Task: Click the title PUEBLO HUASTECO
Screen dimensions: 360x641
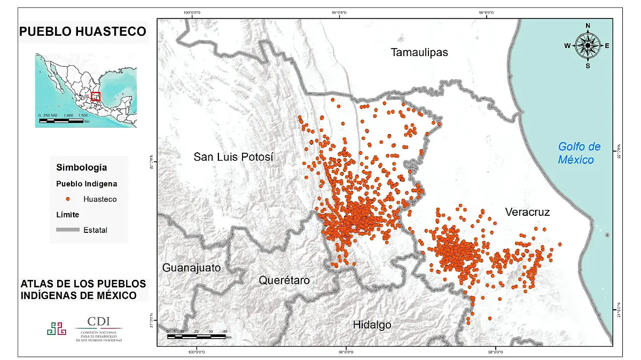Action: [82, 32]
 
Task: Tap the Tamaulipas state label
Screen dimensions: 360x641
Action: [419, 52]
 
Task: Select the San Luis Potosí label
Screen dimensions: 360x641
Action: [233, 157]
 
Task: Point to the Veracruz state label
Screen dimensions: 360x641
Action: [527, 213]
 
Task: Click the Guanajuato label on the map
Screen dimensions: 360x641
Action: [191, 268]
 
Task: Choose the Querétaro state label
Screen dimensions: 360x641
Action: [284, 280]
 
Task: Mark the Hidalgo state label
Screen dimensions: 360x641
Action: [372, 324]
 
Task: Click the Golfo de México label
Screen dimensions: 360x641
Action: [579, 153]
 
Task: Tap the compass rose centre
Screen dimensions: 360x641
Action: [588, 46]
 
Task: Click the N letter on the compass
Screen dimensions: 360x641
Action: [588, 26]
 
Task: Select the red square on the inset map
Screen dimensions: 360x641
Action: [96, 96]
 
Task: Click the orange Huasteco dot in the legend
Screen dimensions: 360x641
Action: [68, 199]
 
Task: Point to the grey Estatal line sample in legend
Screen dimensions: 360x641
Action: [67, 230]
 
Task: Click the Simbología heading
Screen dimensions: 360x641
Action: [81, 167]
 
